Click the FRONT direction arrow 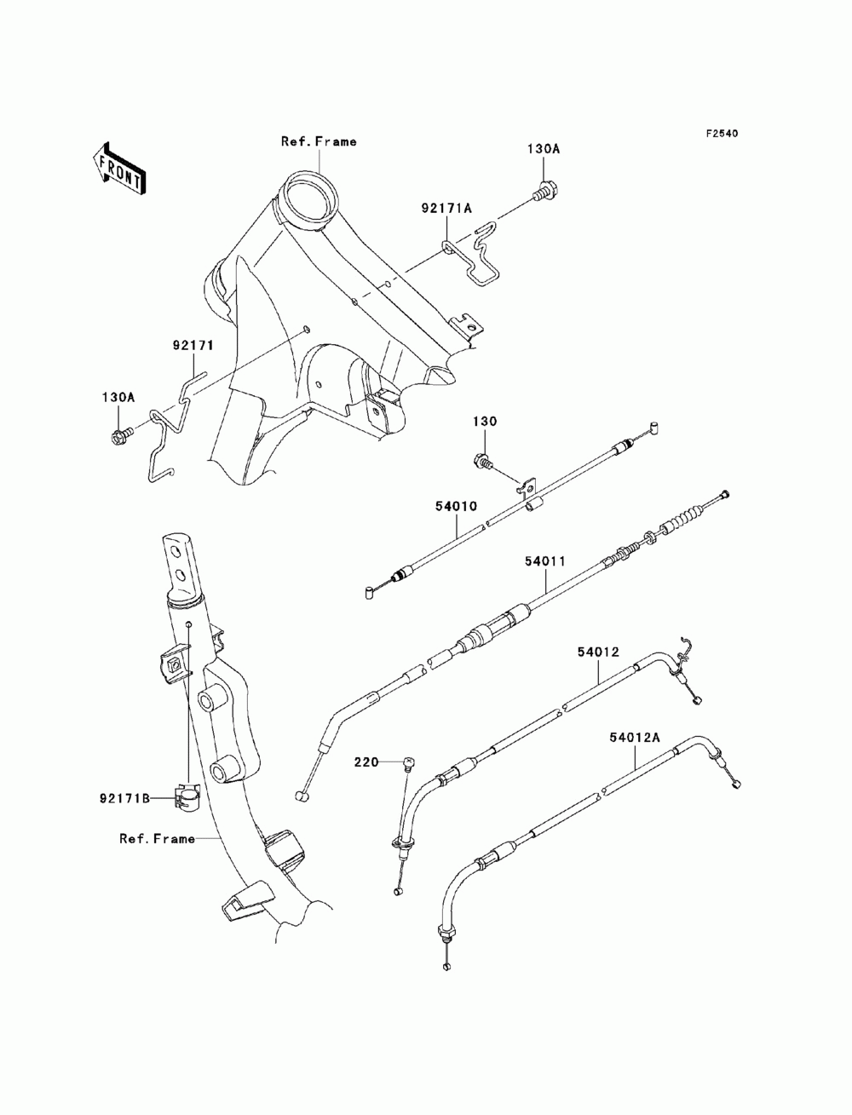click(x=119, y=170)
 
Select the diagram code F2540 click(x=721, y=134)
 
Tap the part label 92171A click(x=446, y=208)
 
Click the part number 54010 click(x=456, y=506)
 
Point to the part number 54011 click(x=545, y=561)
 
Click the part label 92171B click(x=124, y=799)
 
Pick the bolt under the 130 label click(x=483, y=461)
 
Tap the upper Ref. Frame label click(x=319, y=141)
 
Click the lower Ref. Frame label click(x=157, y=838)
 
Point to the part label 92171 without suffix click(x=193, y=346)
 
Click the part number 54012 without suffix click(x=598, y=652)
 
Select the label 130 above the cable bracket click(x=485, y=421)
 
